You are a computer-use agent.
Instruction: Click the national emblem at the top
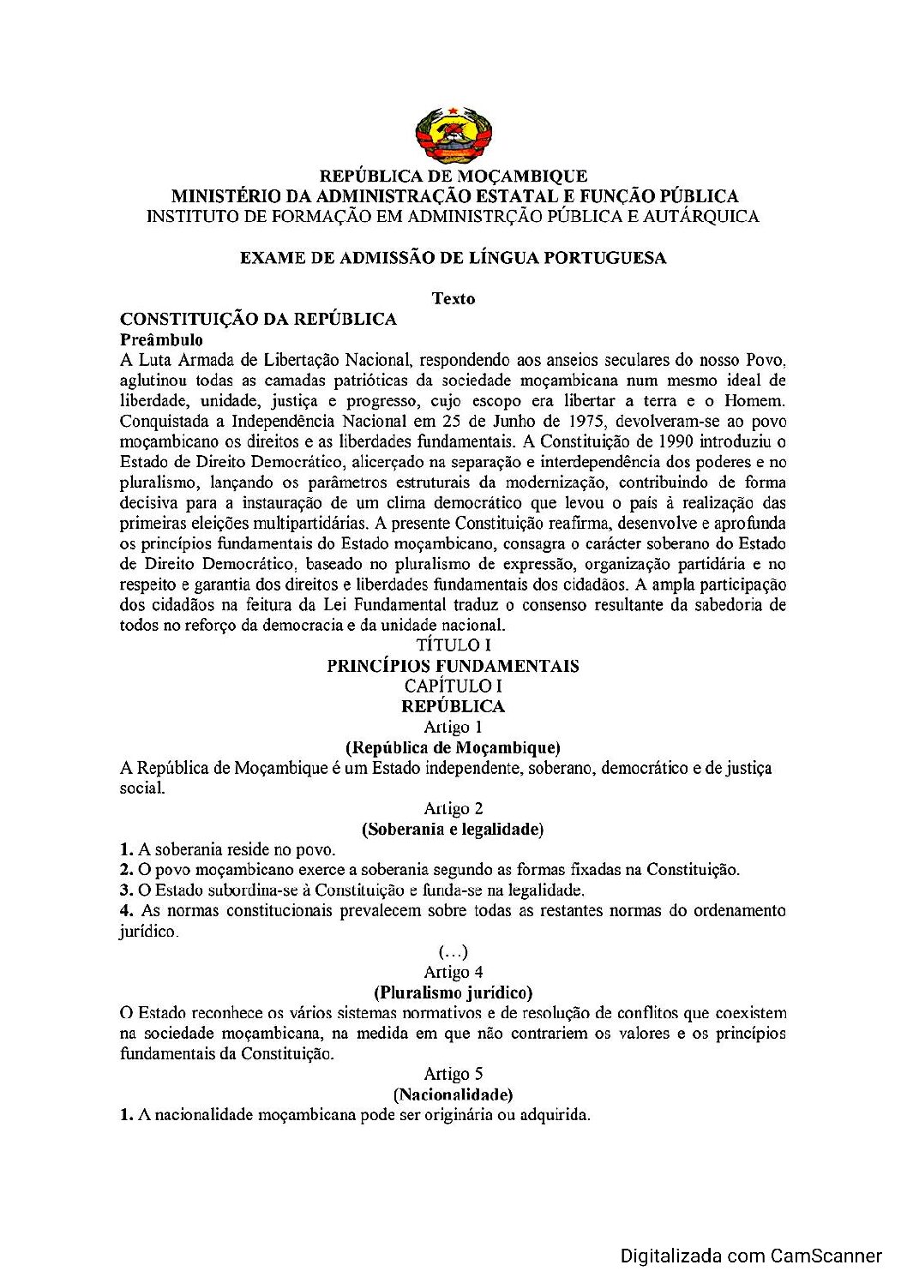453,135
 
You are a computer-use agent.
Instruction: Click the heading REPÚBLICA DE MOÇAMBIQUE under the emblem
453,177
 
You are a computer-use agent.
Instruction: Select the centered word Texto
453,299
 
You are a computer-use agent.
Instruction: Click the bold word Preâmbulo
161,340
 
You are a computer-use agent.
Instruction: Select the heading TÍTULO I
453,645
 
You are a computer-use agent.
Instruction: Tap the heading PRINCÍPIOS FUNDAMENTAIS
453,666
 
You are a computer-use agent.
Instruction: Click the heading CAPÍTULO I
453,686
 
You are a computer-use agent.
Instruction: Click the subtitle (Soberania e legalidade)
453,830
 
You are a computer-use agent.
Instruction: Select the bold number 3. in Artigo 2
126,890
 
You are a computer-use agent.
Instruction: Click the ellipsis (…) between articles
453,952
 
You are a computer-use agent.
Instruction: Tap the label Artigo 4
453,973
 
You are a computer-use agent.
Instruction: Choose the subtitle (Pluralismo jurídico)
453,993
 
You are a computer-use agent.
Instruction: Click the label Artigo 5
453,1075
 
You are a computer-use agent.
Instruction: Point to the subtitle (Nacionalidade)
453,1095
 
